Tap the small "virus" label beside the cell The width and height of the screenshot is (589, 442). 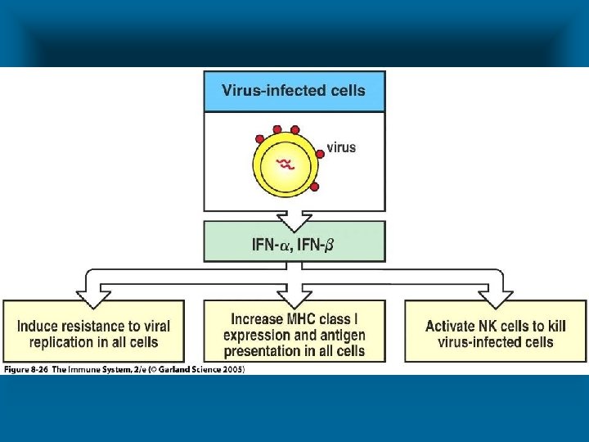pos(342,147)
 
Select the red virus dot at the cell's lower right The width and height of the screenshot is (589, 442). pos(315,187)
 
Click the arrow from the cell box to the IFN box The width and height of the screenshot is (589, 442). pos(294,219)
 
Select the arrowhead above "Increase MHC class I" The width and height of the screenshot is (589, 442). pos(294,291)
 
